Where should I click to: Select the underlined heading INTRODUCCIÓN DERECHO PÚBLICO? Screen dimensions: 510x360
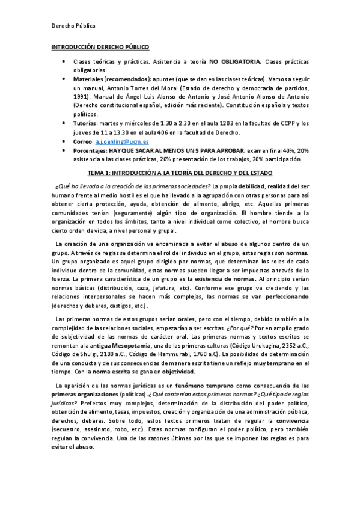100,46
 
